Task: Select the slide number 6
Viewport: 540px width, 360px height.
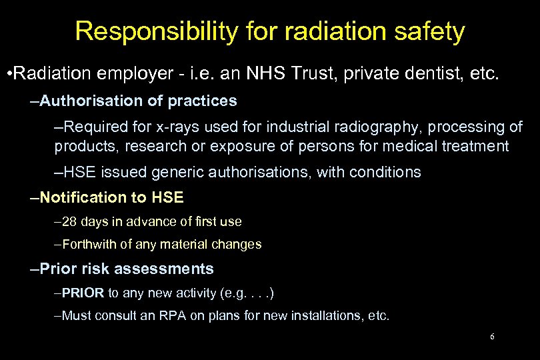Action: click(x=491, y=337)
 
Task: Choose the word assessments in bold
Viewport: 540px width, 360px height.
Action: click(x=164, y=269)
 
